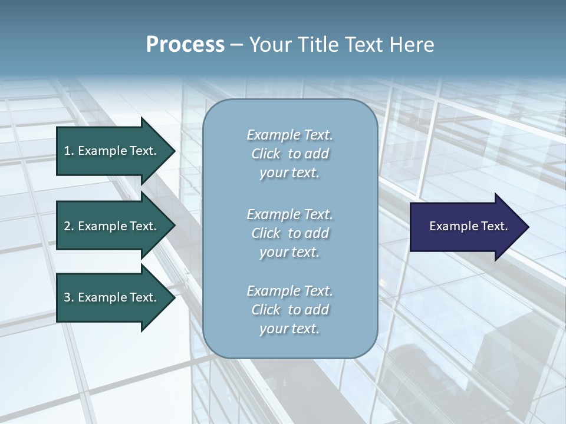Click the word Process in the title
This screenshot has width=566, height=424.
pos(185,45)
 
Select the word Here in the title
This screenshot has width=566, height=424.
pos(411,45)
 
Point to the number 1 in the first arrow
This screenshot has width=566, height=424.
pos(67,151)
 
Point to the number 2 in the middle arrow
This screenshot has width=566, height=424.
pos(67,226)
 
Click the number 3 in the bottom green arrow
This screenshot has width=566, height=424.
pos(67,297)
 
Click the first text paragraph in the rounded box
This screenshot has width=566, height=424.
pos(289,154)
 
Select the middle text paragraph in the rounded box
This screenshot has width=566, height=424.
pos(289,233)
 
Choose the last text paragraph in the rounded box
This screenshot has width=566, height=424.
pos(289,310)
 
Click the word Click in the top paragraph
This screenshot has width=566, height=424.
pos(266,154)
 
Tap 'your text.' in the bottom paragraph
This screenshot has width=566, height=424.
pos(289,329)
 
